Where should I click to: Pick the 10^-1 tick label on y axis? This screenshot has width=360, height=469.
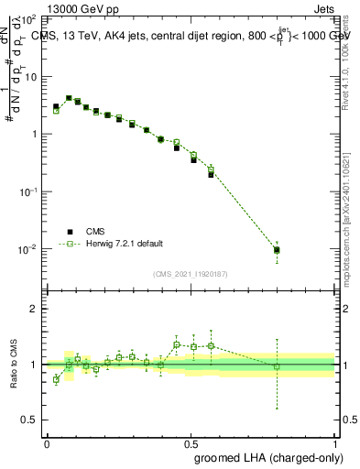(29, 191)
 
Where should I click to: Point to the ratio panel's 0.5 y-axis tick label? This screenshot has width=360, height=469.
(33, 420)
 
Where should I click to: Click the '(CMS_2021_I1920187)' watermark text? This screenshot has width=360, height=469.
(190, 274)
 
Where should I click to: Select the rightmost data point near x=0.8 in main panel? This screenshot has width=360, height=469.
(277, 249)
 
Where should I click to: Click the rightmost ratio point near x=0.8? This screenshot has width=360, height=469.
(277, 366)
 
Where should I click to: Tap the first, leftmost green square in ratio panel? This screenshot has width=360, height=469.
(56, 379)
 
